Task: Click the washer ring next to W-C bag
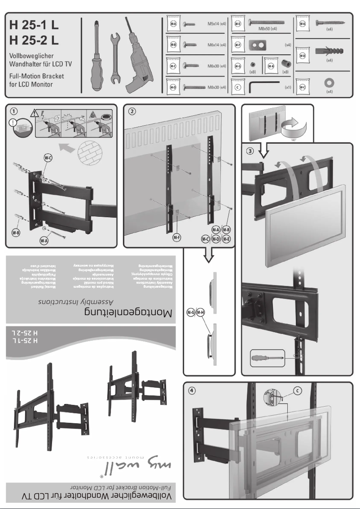point(329,83)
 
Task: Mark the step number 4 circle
point(192,390)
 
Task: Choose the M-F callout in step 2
point(177,238)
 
